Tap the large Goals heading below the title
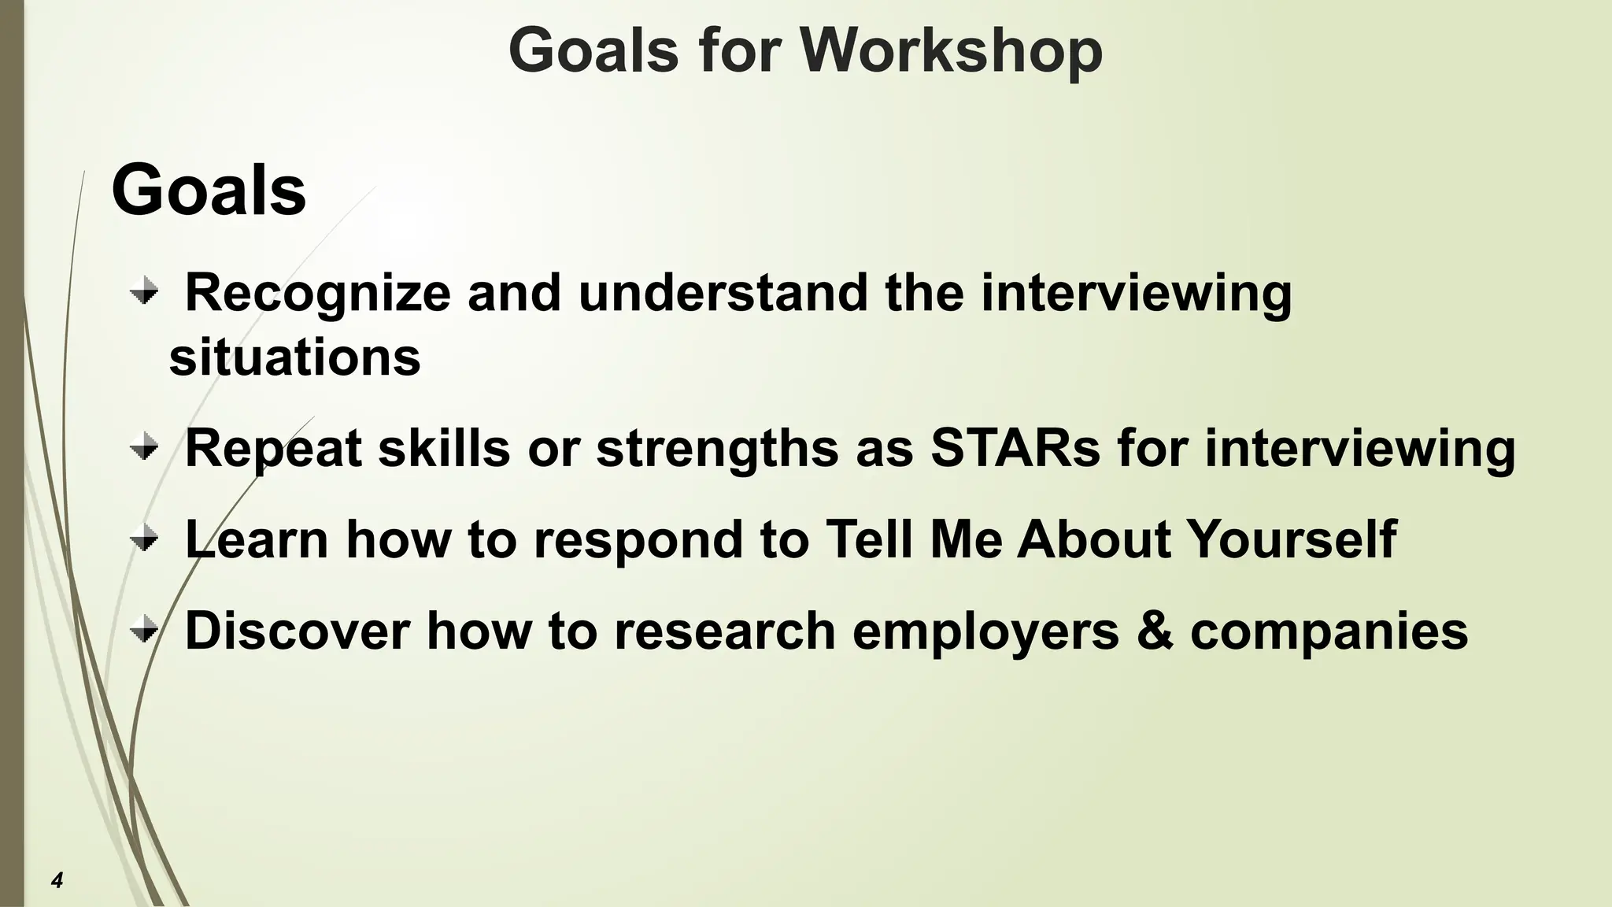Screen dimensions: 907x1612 [x=209, y=190]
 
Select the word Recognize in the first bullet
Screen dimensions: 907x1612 [x=317, y=294]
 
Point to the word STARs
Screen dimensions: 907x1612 [x=1015, y=448]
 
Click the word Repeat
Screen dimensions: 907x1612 [x=273, y=450]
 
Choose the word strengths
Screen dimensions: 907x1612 [x=717, y=450]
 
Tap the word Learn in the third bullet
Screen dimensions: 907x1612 [x=257, y=539]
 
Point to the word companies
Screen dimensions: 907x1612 [x=1329, y=632]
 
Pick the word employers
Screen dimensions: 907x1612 [x=985, y=632]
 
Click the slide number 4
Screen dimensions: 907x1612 [x=57, y=879]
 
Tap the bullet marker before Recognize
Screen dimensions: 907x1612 [x=144, y=294]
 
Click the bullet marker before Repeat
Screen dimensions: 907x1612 [x=144, y=450]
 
